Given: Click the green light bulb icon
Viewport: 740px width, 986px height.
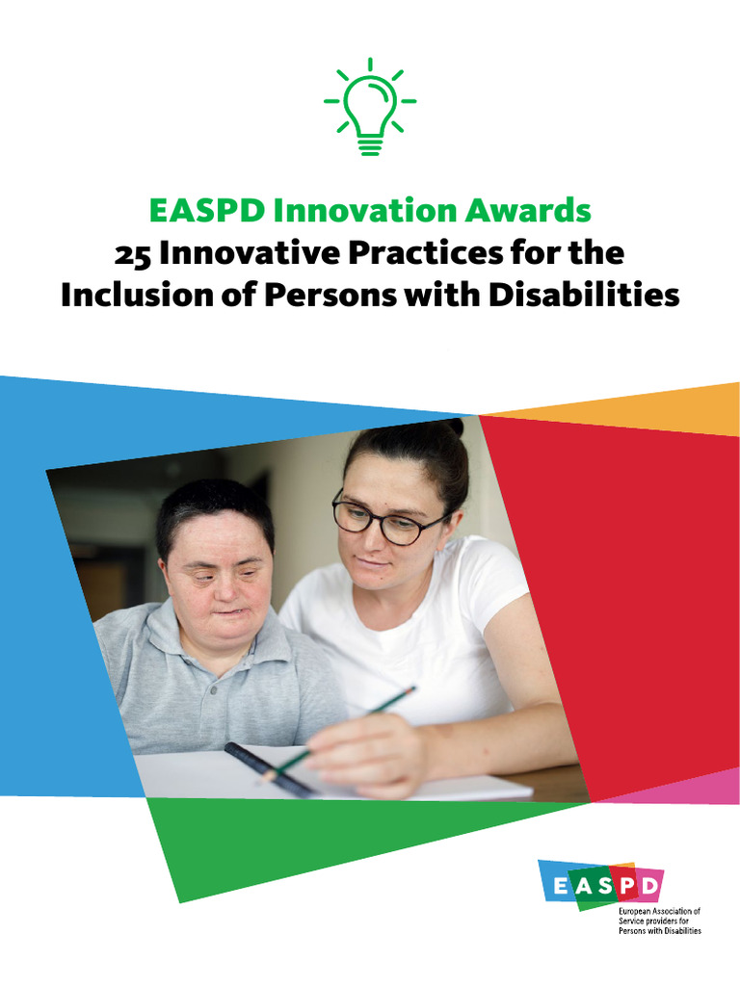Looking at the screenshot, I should pos(370,108).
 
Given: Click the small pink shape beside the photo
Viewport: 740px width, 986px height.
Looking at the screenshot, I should pos(689,787).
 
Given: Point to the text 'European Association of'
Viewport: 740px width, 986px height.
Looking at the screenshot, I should pos(659,910).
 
